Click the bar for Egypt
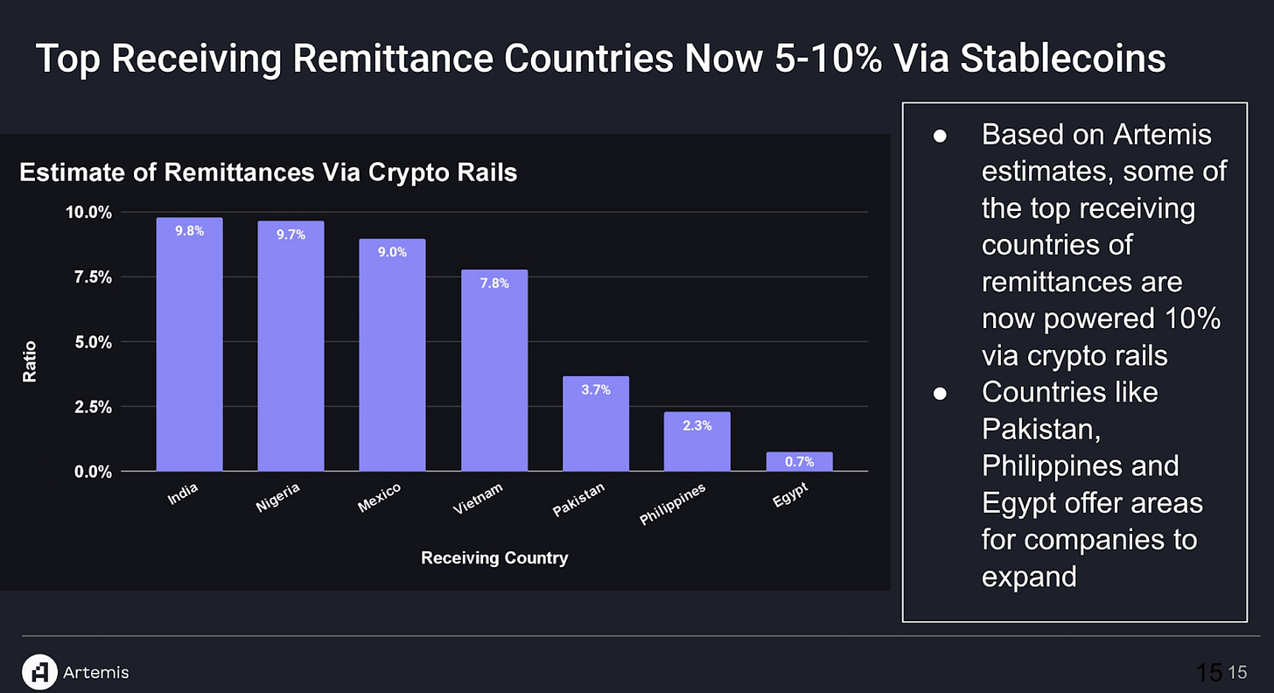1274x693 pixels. (799, 461)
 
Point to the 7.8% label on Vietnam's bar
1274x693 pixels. (493, 283)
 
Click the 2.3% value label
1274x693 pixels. (696, 426)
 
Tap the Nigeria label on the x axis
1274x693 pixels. (279, 496)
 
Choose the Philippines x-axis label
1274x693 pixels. (672, 505)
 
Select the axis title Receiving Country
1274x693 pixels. (494, 557)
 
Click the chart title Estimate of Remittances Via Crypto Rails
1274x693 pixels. (269, 173)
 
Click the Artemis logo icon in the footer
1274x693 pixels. (38, 671)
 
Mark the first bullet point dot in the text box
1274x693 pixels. (940, 136)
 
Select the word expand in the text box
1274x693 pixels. (1030, 577)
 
